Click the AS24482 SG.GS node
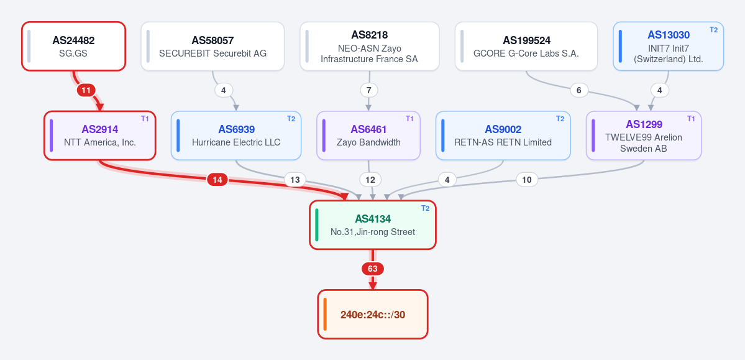pos(74,46)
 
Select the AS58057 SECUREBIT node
pos(213,46)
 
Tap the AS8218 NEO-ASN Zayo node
pos(369,46)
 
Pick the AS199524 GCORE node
pos(526,46)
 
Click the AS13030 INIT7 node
pos(669,46)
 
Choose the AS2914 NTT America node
pos(100,136)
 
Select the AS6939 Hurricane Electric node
pos(236,136)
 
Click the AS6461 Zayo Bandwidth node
pos(368,136)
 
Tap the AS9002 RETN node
pos(503,136)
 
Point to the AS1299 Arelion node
pos(644,136)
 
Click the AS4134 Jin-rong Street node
pos(373,225)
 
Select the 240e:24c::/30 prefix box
pos(373,315)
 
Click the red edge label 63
pos(373,269)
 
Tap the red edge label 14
pos(217,180)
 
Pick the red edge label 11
pos(86,90)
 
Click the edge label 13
pos(295,180)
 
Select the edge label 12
pos(370,180)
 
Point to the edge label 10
pos(526,180)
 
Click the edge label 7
pos(368,90)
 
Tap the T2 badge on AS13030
pos(714,29)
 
